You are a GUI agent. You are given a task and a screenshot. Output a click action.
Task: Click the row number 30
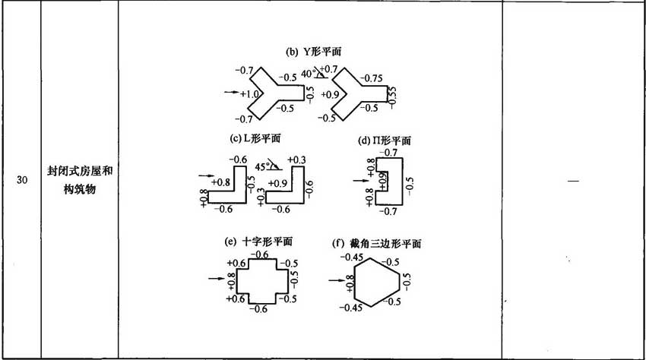coord(22,180)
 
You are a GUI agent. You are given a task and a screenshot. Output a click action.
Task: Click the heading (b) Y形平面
coord(314,52)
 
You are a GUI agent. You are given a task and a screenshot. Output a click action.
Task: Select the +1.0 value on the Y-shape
coord(250,94)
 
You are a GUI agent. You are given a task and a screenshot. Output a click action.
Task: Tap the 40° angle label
coord(308,74)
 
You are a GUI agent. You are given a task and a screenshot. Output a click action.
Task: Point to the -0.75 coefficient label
coord(371,78)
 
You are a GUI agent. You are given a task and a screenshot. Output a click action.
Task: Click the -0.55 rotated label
coord(392,97)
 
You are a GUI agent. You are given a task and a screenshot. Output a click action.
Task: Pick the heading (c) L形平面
coord(255,138)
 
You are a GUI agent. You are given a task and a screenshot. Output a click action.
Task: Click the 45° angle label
coord(261,167)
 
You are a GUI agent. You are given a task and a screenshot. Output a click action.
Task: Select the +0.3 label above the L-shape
coord(296,159)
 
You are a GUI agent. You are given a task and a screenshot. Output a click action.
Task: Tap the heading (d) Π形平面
coord(385,141)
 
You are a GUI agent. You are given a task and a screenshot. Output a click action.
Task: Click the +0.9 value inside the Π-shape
coord(383,182)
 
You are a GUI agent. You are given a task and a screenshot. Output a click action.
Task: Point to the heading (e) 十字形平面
coord(258,242)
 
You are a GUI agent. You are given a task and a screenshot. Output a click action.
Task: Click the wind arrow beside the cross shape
coord(216,279)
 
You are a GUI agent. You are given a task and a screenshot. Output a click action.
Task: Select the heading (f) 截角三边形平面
coord(376,244)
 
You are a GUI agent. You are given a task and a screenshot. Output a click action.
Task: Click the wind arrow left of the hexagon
coord(336,280)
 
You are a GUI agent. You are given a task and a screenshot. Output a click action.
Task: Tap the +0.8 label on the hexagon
coord(350,284)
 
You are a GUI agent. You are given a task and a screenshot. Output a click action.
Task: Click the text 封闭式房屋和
coord(80,171)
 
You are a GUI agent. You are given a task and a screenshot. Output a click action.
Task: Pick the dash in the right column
coord(573,181)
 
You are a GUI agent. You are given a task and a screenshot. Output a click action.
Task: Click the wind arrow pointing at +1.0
coord(232,92)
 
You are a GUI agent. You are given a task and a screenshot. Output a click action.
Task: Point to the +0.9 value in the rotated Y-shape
coord(330,94)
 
